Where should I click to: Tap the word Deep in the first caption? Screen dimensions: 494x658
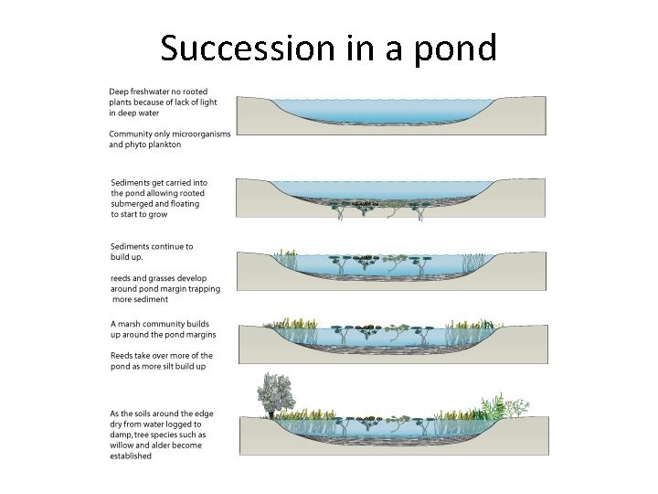[x=119, y=92]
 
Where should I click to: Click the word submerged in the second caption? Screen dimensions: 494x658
[x=129, y=204]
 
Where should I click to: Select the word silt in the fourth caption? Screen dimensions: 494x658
[x=168, y=366]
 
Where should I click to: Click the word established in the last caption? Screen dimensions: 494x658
[x=131, y=456]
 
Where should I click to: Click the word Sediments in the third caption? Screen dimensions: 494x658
[x=133, y=247]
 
